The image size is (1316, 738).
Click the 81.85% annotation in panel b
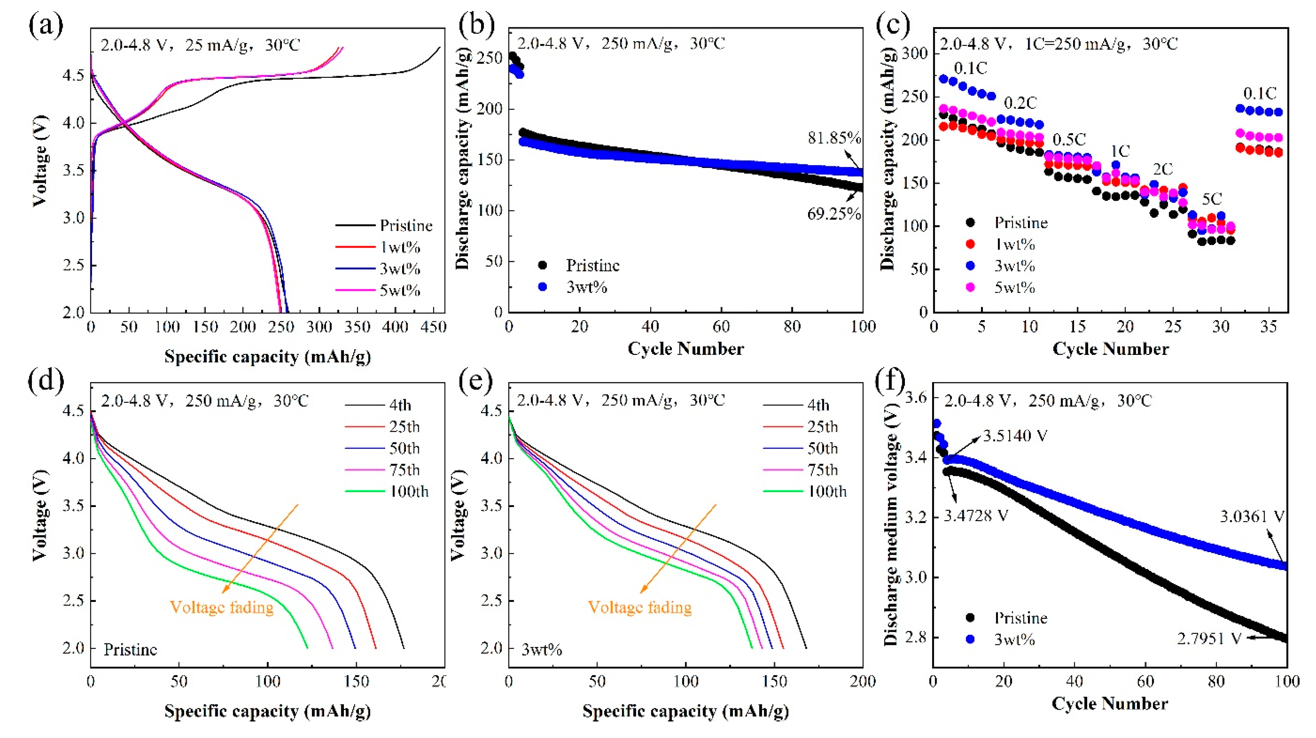click(x=834, y=138)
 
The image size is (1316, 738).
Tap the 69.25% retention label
click(x=834, y=214)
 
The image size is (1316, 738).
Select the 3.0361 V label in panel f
click(x=1252, y=517)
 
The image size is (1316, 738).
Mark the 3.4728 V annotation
click(x=976, y=516)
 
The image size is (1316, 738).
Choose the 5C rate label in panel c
click(x=1212, y=199)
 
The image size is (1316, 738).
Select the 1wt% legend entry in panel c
click(x=1014, y=244)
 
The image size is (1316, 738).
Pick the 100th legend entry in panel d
click(x=409, y=492)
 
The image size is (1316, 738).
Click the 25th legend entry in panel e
click(x=823, y=427)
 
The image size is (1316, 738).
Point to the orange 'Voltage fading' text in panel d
click(x=222, y=607)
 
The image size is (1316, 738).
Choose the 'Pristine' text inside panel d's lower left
click(x=130, y=650)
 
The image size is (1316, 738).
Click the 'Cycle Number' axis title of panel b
click(x=686, y=349)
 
